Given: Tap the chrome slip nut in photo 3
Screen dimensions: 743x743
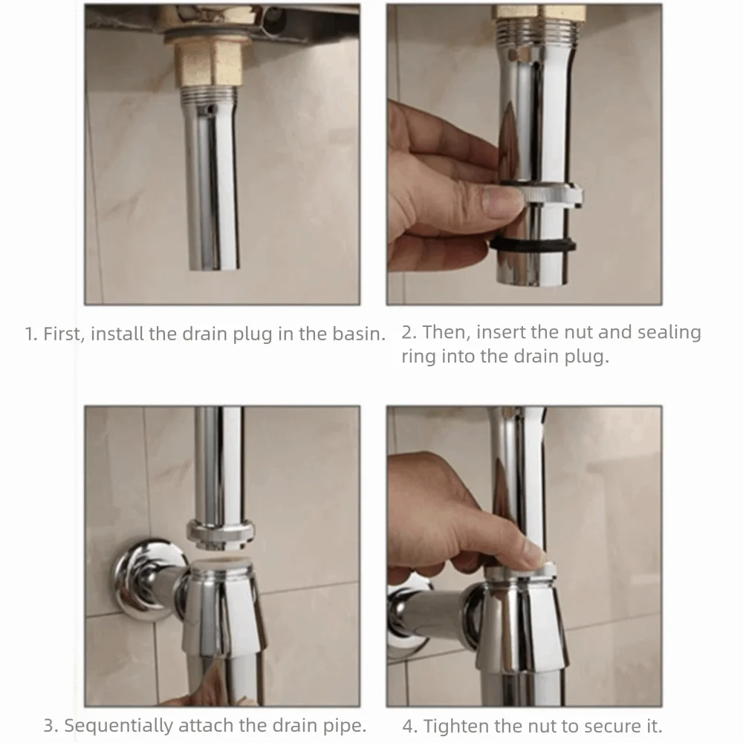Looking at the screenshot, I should pyautogui.click(x=221, y=533).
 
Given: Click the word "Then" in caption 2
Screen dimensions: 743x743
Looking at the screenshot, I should pyautogui.click(x=442, y=332).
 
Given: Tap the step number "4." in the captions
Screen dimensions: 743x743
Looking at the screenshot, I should pyautogui.click(x=410, y=725).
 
